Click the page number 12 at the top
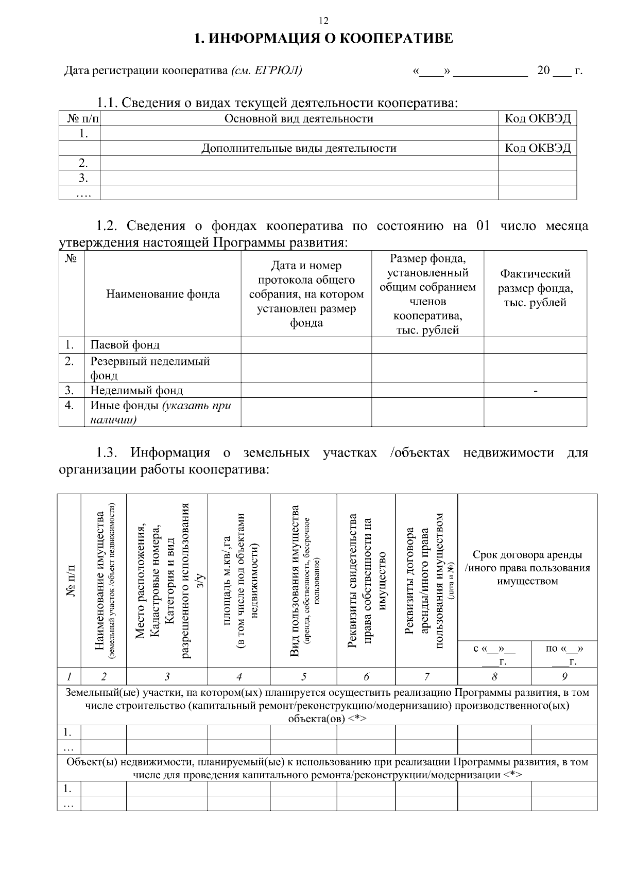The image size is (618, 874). pyautogui.click(x=323, y=21)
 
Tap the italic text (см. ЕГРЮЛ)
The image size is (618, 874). pyautogui.click(x=266, y=70)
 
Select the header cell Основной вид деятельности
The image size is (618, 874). pyautogui.click(x=299, y=119)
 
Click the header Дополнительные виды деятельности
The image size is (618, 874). pyautogui.click(x=299, y=149)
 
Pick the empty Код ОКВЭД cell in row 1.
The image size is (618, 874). pyautogui.click(x=537, y=134)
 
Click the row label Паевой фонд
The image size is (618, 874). pyautogui.click(x=125, y=345)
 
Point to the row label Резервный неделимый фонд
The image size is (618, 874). pyautogui.click(x=150, y=368)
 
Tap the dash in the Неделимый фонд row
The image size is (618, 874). pyautogui.click(x=536, y=391)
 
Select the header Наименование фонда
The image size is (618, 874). pyautogui.click(x=163, y=294)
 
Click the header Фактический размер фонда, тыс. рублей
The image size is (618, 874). pyautogui.click(x=535, y=288)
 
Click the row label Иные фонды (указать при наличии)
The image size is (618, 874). pyautogui.click(x=160, y=412)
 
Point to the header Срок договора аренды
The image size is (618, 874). pyautogui.click(x=527, y=555)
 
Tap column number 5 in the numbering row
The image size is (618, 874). pyautogui.click(x=304, y=676)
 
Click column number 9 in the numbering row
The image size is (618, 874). pyautogui.click(x=564, y=676)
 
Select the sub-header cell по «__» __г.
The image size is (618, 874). pyautogui.click(x=564, y=655)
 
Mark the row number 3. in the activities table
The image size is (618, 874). pyautogui.click(x=83, y=179)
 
